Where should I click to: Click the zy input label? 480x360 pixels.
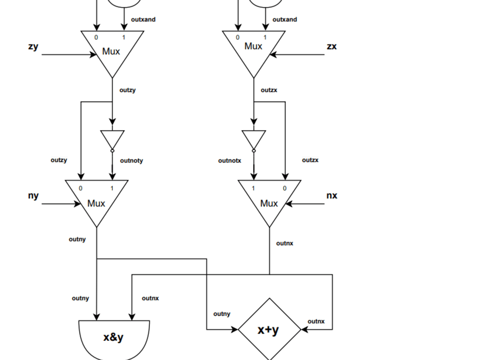(x=33, y=47)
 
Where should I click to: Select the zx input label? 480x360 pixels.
(x=332, y=47)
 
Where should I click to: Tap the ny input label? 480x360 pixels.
(x=33, y=196)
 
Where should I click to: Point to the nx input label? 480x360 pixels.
(x=332, y=196)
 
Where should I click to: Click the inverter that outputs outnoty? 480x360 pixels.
(x=112, y=139)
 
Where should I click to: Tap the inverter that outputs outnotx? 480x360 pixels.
(x=253, y=139)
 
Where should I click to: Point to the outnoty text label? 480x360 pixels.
(x=132, y=161)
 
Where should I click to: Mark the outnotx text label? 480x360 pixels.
(x=229, y=161)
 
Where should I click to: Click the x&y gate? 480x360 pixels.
(x=114, y=338)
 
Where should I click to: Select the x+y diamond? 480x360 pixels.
(x=269, y=330)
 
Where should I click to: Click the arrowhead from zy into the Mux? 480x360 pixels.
(x=94, y=55)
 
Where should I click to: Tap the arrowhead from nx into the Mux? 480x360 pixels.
(x=289, y=204)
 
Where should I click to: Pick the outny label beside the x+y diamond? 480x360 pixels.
(x=222, y=314)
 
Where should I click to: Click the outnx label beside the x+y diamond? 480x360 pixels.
(x=316, y=322)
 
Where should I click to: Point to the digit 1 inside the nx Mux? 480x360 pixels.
(x=253, y=188)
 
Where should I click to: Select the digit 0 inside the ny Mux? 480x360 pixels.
(x=81, y=188)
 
